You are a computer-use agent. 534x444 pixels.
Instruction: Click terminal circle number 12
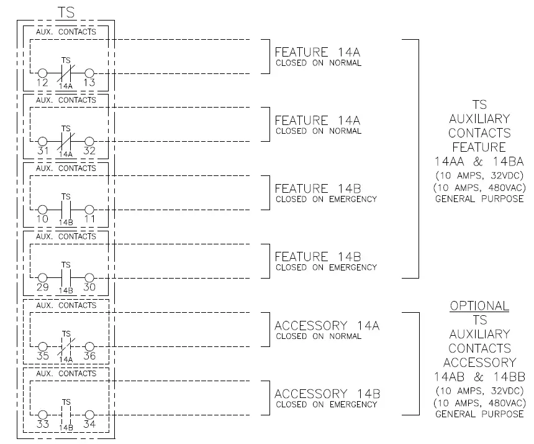click(43, 73)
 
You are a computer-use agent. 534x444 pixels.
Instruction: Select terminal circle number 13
click(89, 73)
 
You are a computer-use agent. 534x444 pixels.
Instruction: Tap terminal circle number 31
click(43, 142)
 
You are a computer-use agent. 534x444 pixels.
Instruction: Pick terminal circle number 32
click(89, 142)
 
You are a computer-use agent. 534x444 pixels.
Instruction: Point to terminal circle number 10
click(43, 210)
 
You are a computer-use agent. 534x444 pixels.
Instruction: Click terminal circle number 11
click(89, 210)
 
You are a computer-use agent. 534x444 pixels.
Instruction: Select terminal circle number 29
click(43, 278)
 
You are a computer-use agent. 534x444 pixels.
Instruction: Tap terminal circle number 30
click(89, 278)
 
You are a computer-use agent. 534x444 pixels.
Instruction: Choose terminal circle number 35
click(43, 346)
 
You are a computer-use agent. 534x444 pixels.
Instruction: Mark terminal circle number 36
click(89, 346)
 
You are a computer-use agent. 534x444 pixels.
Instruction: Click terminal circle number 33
click(43, 415)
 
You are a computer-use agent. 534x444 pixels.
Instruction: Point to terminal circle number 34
click(89, 415)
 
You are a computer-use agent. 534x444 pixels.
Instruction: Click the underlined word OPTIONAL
click(479, 306)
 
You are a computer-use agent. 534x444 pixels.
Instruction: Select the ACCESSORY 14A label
click(327, 325)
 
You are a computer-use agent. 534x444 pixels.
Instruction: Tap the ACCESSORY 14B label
click(327, 394)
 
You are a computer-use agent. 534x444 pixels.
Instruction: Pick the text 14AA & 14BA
click(479, 162)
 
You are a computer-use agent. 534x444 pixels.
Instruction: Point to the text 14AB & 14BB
click(479, 377)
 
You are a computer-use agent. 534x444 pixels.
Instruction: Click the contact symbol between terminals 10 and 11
click(66, 210)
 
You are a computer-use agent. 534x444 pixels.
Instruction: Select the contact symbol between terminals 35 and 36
click(66, 346)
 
